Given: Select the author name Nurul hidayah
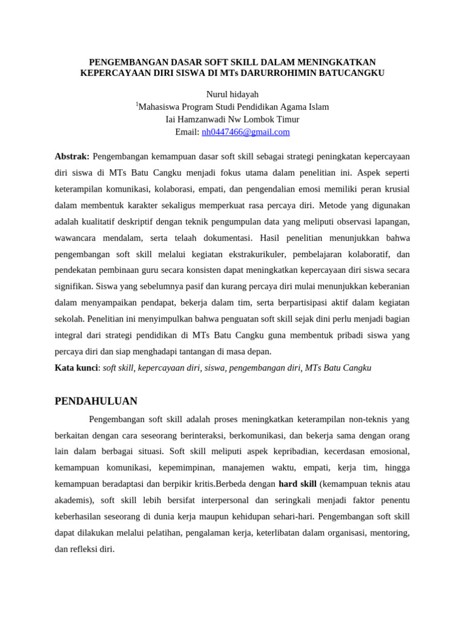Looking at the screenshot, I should pos(232,94).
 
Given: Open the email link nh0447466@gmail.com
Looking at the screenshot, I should pos(245,132).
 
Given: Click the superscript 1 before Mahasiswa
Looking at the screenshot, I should pos(137,104).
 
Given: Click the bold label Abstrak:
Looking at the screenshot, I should pos(72,156).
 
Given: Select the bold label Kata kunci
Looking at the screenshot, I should pos(76,368).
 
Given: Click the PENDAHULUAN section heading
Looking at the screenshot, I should pos(96,401).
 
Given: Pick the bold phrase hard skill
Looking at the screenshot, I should pos(297,483).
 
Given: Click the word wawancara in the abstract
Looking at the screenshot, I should pos(77,237).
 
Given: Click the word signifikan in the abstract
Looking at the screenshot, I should pos(73,286).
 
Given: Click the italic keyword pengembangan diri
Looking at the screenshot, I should pos(265,368).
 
